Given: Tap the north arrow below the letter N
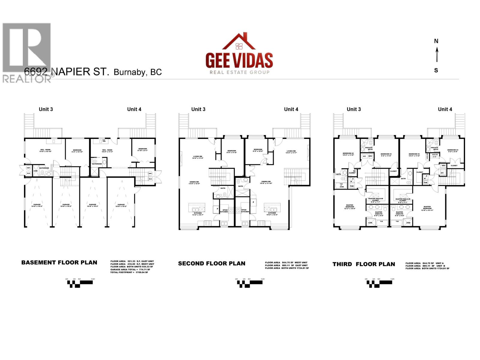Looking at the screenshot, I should coord(437,55).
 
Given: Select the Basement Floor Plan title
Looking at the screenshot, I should coord(59,262).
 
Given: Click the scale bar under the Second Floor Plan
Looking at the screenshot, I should coord(250,283).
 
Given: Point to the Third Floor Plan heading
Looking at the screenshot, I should coord(364,264).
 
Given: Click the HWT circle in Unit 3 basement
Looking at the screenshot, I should coord(28,168).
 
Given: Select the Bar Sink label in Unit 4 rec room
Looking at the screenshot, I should coord(104,140).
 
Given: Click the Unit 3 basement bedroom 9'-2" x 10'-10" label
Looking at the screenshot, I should coord(77,151).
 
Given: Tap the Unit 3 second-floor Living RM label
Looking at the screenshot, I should coord(197,157).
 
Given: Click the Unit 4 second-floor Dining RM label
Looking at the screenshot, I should coord(266,182).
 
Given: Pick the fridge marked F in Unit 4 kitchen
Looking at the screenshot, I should coord(253,202).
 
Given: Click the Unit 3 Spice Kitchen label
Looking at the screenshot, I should coord(225,211).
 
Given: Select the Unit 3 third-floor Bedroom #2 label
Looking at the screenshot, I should coord(348,154).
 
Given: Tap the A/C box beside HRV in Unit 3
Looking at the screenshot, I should coord(364,156).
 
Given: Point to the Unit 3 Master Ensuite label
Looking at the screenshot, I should coord(378,213).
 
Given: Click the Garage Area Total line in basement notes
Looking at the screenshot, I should coord(130,269).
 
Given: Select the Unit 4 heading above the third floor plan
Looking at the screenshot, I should coord(445,109).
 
